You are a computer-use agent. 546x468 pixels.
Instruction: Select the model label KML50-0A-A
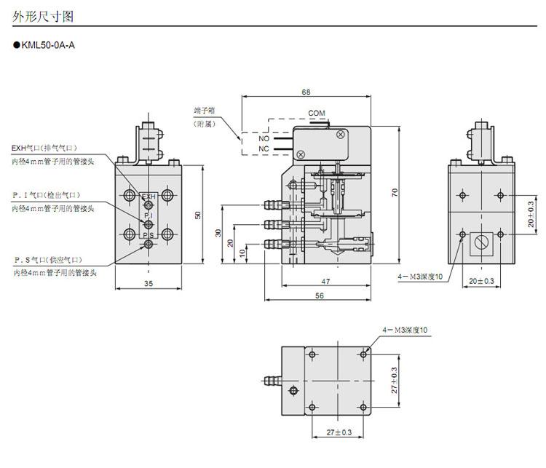pos(48,44)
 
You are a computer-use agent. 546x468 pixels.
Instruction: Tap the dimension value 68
pos(306,92)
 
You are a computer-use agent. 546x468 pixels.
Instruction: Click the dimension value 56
pos(319,296)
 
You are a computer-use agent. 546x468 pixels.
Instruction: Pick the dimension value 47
pos(325,280)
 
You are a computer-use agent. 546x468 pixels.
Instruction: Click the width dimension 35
pos(149,282)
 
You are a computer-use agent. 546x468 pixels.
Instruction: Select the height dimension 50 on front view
pos(198,215)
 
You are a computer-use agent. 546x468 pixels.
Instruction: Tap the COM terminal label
pos(317,113)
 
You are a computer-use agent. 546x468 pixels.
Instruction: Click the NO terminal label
pos(264,138)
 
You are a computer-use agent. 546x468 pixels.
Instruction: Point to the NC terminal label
pos(264,149)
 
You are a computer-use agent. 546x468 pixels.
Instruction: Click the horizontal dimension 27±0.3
pos(339,432)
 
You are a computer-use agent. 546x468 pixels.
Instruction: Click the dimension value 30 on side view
pos(217,233)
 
